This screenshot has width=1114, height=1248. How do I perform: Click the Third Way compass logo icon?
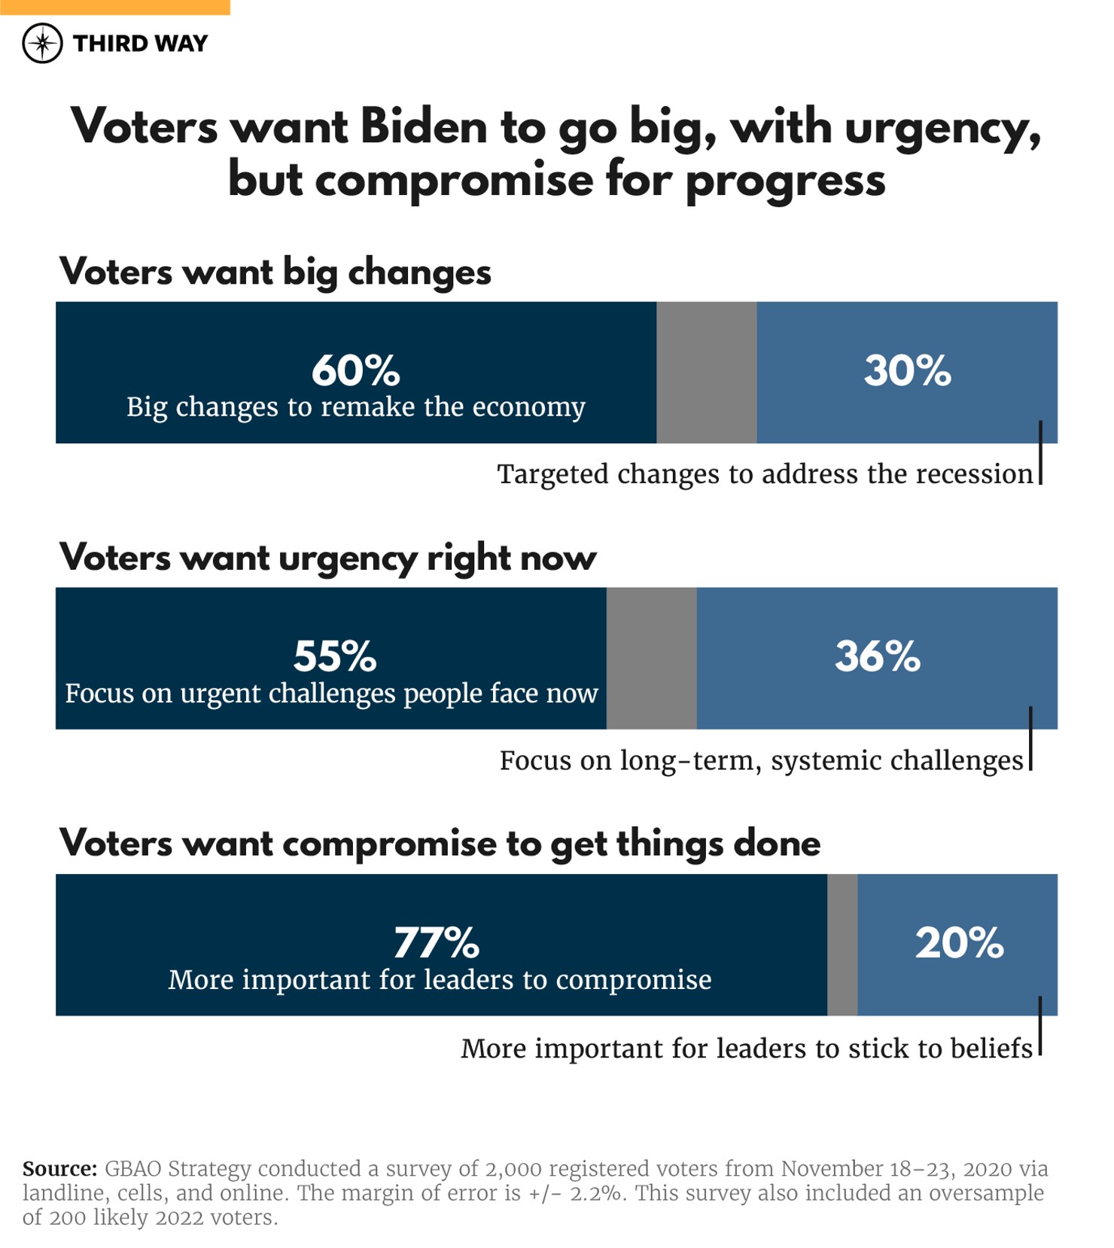[42, 43]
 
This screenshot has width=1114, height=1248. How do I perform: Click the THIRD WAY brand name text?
[140, 44]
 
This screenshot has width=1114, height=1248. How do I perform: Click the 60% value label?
[356, 370]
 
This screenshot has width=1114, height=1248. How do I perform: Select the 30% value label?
[907, 370]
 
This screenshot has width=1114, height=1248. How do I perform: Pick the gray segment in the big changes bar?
[706, 373]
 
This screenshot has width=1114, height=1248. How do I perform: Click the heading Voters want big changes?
[275, 272]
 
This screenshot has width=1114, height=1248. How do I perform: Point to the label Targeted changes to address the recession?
[765, 474]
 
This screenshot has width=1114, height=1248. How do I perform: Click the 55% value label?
[335, 656]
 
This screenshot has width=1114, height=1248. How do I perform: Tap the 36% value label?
[878, 656]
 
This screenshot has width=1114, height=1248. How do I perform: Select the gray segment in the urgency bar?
[651, 659]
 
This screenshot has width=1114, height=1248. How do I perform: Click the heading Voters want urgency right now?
[328, 558]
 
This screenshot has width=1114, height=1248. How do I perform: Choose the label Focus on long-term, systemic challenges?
[762, 760]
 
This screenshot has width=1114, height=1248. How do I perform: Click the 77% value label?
[437, 942]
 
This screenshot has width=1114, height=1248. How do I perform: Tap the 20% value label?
[959, 942]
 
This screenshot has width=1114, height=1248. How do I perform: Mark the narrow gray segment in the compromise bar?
[842, 945]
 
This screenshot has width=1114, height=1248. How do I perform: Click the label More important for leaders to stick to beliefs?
[746, 1049]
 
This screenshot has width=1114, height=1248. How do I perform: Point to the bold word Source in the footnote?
[59, 1169]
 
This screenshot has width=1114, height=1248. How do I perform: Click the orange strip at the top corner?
[114, 7]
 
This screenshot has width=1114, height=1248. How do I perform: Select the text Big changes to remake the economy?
[356, 407]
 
